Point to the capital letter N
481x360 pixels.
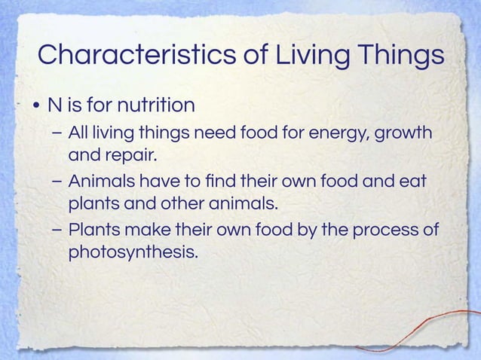[54, 103]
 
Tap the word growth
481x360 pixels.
[403, 134]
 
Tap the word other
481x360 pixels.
[188, 204]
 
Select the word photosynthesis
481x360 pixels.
[133, 252]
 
